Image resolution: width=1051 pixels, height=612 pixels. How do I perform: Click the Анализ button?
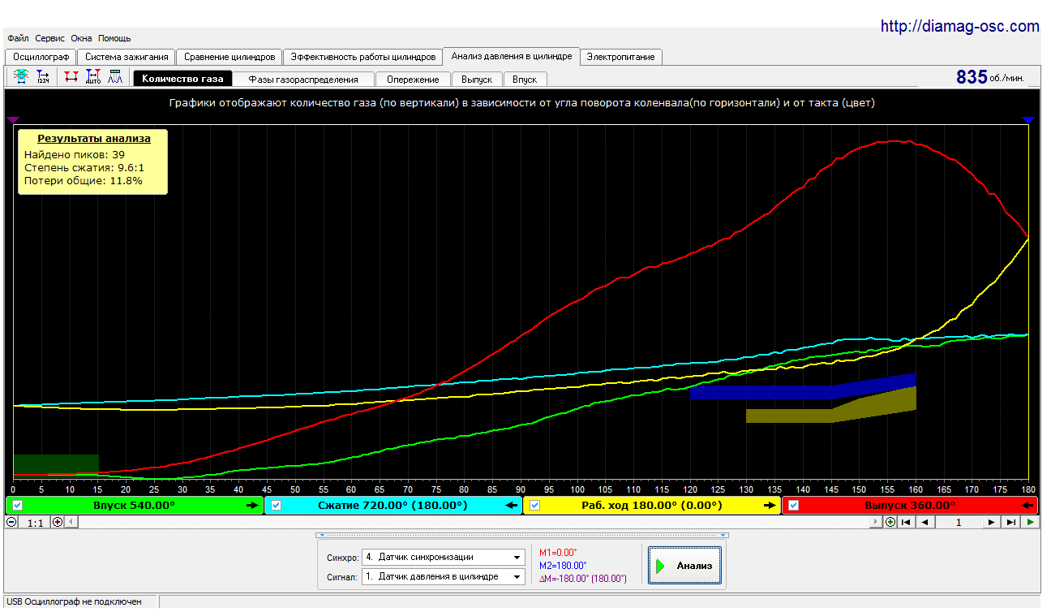click(684, 566)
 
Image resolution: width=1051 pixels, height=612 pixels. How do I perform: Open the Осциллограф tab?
click(41, 57)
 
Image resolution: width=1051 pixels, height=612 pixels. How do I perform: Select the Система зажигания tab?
click(127, 57)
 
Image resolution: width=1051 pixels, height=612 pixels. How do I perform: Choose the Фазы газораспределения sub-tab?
click(303, 80)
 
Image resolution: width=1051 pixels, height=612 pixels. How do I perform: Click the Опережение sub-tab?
click(413, 80)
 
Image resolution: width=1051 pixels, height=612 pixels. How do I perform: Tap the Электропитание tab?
click(620, 57)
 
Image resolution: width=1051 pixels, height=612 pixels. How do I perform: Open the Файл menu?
click(18, 38)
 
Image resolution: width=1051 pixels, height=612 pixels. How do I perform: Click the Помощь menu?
click(114, 38)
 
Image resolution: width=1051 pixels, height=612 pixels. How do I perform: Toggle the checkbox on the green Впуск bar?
click(17, 506)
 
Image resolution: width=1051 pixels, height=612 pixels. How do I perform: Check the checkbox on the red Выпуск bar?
click(793, 506)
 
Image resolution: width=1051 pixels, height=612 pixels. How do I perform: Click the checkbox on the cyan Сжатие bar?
click(276, 506)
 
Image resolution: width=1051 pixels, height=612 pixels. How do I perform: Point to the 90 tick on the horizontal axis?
click(521, 489)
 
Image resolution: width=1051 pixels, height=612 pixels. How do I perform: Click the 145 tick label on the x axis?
click(831, 489)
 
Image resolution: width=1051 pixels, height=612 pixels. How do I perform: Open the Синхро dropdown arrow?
click(517, 557)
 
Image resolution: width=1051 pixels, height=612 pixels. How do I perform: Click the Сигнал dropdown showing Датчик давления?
click(443, 576)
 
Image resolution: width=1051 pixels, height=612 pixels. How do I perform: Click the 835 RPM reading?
click(972, 77)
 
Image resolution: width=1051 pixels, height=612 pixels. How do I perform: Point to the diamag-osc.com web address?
click(959, 26)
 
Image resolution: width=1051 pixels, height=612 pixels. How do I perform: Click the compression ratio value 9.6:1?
click(131, 168)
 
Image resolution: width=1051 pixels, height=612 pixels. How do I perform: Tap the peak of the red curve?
click(894, 141)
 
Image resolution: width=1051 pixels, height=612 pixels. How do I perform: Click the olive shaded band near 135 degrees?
click(831, 407)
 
